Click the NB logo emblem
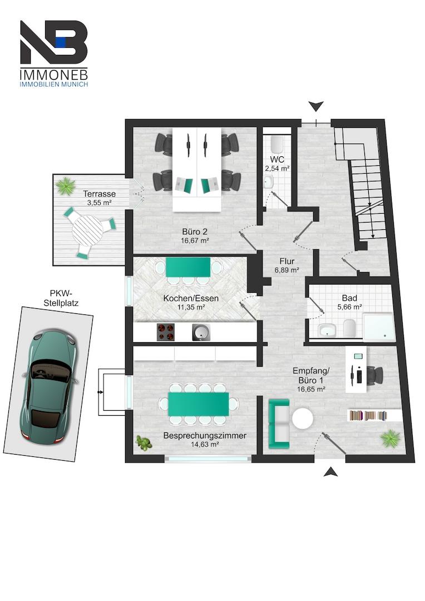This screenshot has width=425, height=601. click(53, 42)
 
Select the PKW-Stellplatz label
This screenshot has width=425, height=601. click(64, 299)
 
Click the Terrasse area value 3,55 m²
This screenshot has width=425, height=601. click(99, 203)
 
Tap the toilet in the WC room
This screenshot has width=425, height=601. click(276, 144)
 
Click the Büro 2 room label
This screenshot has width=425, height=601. click(195, 231)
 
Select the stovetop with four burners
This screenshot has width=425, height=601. click(166, 332)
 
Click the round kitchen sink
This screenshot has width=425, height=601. click(201, 332)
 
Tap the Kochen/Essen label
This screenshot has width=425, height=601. click(191, 298)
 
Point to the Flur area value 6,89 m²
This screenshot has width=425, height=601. click(287, 270)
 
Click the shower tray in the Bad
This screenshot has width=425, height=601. click(378, 327)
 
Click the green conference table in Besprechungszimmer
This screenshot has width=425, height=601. click(199, 403)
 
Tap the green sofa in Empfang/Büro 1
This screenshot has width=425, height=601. click(279, 423)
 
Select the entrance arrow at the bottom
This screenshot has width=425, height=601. click(330, 472)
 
